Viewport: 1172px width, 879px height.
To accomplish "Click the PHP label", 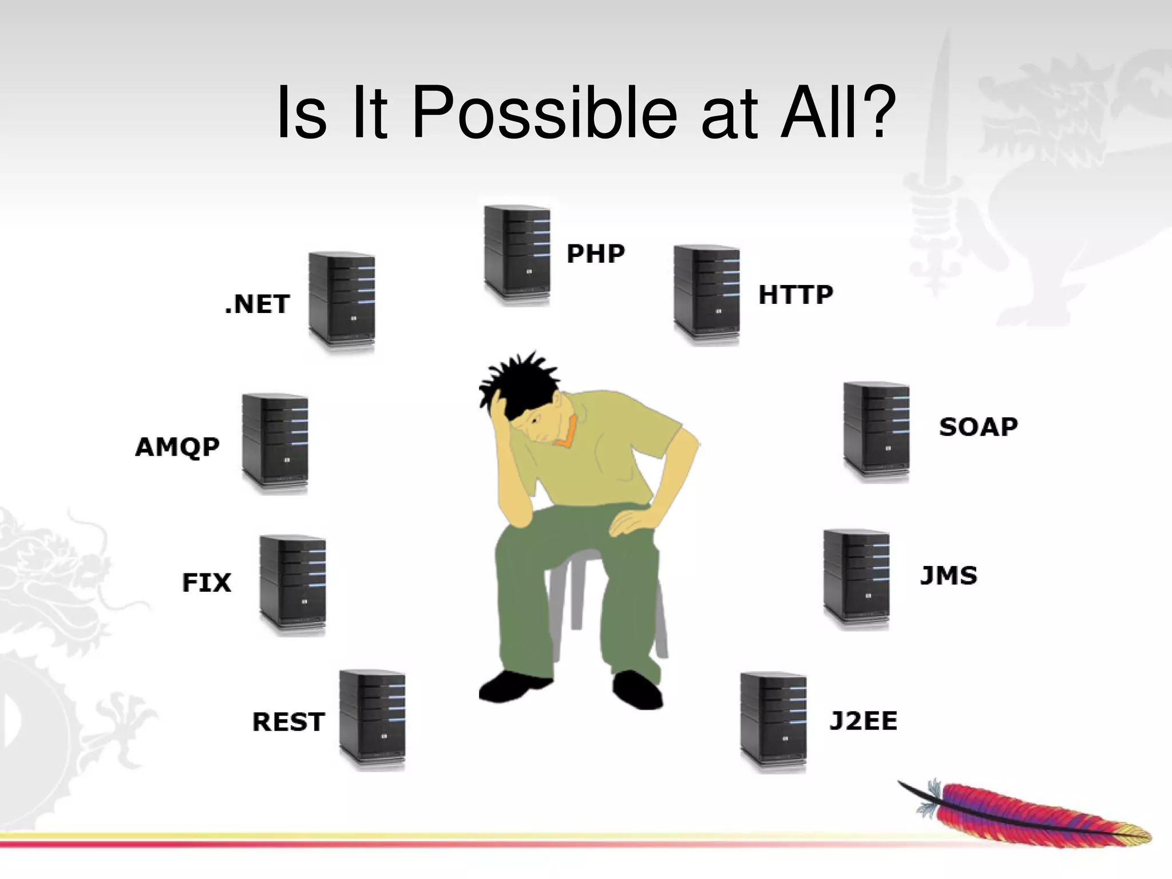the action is [x=595, y=254].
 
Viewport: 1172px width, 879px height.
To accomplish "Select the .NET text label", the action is [x=258, y=304].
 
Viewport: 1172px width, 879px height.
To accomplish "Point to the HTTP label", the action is [x=795, y=295].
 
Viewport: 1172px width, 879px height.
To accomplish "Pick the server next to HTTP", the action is [x=706, y=294].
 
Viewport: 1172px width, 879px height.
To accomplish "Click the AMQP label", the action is [x=177, y=447].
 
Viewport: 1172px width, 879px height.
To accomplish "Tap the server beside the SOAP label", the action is [x=876, y=431].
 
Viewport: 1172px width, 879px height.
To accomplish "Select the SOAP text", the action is [x=979, y=427].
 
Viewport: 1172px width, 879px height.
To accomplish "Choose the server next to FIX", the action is [x=292, y=585].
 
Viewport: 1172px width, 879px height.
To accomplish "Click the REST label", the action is [x=288, y=722].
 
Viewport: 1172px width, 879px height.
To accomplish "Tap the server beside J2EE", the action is [x=773, y=722].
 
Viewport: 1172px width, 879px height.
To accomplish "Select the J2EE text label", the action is [x=863, y=721].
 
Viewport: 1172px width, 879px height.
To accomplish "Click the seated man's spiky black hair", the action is [x=515, y=381].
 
